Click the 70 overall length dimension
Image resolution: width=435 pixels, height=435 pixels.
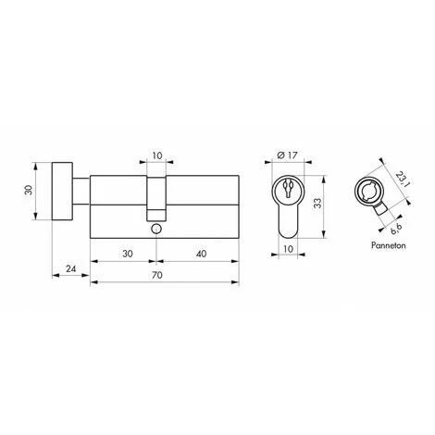(x=157, y=275)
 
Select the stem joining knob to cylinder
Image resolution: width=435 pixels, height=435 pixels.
(x=81, y=191)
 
